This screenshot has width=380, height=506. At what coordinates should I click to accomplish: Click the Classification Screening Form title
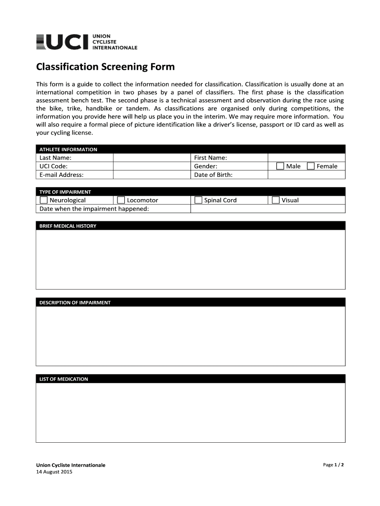tap(105, 67)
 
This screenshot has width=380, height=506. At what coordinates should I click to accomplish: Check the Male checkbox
tap(280, 166)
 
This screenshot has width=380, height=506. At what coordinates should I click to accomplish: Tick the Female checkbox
tap(311, 166)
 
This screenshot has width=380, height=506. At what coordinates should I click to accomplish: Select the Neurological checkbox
tap(43, 200)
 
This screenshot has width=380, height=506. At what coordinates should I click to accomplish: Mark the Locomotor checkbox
tap(121, 200)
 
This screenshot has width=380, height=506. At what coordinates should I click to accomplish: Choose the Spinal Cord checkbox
tap(198, 200)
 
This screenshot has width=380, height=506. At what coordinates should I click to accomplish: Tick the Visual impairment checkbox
tap(276, 200)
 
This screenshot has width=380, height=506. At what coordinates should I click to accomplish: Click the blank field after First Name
tap(306, 158)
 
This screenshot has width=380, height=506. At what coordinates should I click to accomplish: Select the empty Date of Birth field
tap(306, 174)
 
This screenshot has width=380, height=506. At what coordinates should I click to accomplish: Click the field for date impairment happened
tap(267, 209)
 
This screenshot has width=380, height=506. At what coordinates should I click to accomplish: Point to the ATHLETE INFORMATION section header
tap(68, 149)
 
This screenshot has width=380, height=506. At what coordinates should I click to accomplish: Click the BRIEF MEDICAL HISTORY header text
tap(68, 226)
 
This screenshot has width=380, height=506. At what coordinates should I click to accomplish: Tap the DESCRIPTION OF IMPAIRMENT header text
tap(75, 302)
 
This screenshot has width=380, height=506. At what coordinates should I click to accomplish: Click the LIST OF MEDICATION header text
tap(64, 379)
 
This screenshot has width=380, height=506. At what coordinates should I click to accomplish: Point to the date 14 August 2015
tap(54, 472)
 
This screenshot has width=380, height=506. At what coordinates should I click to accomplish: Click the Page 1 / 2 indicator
tap(333, 465)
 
